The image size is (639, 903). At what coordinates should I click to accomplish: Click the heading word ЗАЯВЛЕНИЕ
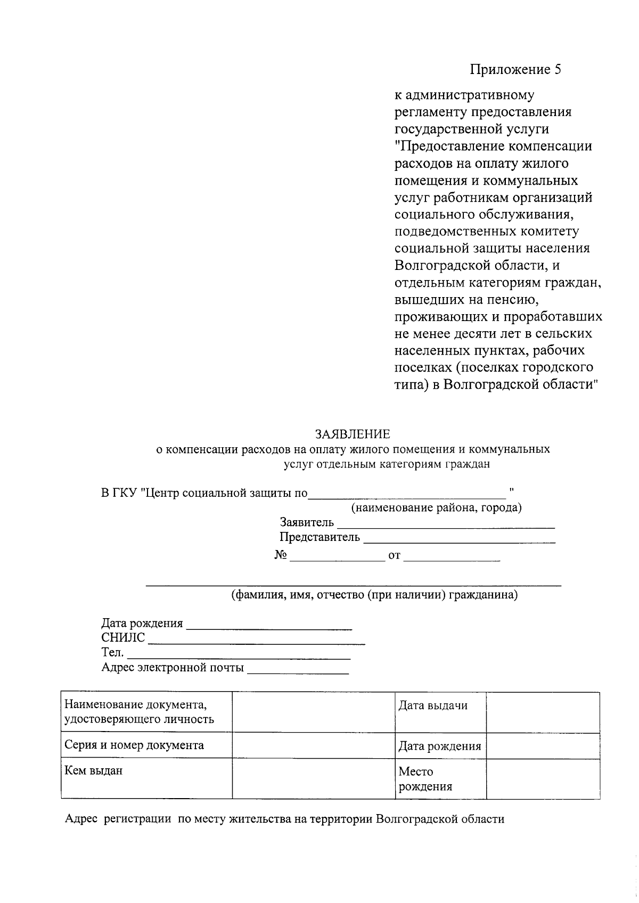[353, 434]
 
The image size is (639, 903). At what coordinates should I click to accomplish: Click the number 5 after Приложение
[558, 70]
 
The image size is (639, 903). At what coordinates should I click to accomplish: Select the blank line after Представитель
[458, 539]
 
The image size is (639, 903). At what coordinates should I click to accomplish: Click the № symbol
[281, 555]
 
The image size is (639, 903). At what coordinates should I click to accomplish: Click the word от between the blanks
[394, 556]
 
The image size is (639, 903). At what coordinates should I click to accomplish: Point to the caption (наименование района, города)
[436, 507]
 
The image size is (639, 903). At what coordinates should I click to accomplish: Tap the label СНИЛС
[123, 638]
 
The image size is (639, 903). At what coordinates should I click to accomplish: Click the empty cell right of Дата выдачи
[543, 712]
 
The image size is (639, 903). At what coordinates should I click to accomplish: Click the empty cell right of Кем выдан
[313, 778]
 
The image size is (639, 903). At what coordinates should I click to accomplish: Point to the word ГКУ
[125, 492]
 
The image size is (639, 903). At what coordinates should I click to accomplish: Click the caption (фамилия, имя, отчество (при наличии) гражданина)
[374, 595]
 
